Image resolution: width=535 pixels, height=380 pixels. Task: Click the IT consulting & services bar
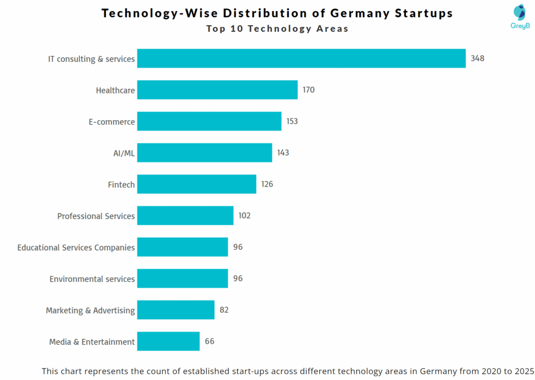tap(301, 59)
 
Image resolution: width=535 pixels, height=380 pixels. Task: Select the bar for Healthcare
tap(217, 90)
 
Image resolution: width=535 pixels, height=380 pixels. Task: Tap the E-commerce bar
tap(209, 121)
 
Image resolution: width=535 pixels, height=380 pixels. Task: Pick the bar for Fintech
tap(196, 184)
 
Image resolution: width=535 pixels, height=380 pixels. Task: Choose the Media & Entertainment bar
tap(168, 341)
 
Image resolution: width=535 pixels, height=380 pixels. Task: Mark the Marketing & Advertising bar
tap(176, 310)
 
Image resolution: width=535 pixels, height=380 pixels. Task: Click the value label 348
tap(478, 59)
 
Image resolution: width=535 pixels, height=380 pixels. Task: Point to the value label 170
tap(308, 90)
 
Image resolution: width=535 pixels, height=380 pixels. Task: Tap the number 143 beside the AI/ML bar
tap(283, 153)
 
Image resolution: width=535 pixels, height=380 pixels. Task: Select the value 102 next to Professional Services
tap(244, 215)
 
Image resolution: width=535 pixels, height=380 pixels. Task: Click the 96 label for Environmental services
tap(238, 279)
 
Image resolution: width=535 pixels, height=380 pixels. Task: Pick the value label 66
tap(210, 341)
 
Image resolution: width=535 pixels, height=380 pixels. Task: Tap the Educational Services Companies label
tap(76, 247)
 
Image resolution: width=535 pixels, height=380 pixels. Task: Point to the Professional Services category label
tap(96, 216)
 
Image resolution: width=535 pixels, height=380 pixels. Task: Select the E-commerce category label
tap(112, 122)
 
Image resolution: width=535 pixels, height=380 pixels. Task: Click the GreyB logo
tap(520, 16)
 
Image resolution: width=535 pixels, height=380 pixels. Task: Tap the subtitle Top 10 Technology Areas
tap(277, 29)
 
